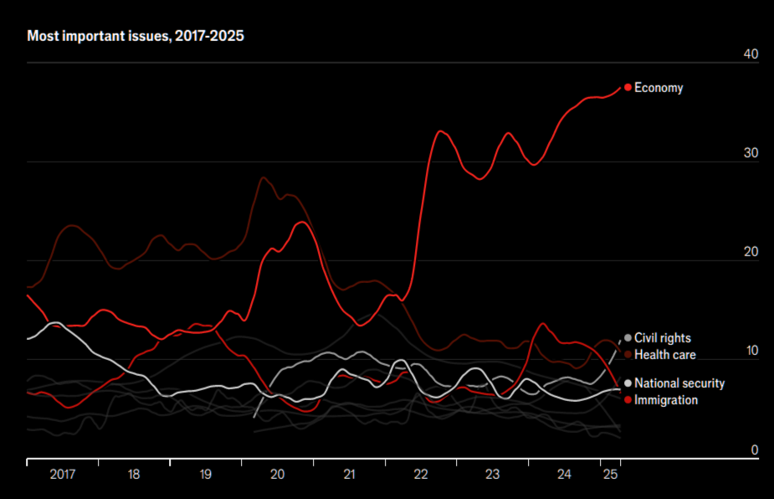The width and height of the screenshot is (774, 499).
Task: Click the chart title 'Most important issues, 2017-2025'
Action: point(136,37)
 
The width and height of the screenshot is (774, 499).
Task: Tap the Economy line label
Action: point(659,88)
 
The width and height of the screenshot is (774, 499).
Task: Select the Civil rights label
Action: point(663,338)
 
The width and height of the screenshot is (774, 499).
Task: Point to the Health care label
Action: point(665,355)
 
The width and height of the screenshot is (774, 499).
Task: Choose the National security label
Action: point(679,383)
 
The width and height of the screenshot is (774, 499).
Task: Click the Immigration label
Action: point(666,400)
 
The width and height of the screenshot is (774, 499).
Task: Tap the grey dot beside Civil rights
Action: point(628,338)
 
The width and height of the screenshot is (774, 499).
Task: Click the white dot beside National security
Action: point(628,383)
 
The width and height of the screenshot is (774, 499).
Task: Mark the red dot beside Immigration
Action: point(628,399)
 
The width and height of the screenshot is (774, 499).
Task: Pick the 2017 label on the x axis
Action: point(63,475)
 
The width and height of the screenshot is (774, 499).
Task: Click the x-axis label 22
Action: point(421,475)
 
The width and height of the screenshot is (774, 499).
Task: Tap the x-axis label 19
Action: point(206,475)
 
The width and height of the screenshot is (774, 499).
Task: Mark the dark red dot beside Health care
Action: point(628,355)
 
